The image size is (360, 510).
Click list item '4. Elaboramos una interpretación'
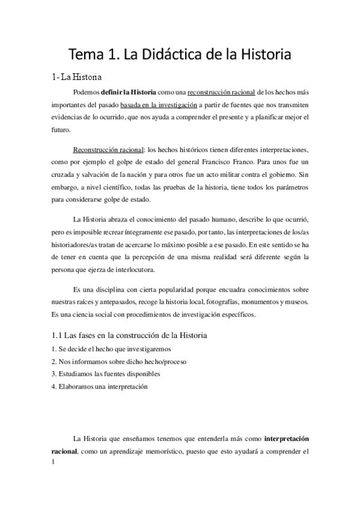pos(99,387)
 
